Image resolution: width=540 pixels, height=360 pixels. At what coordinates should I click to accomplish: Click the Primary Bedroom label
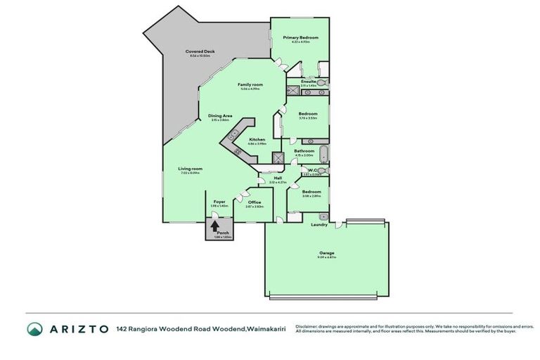(300, 37)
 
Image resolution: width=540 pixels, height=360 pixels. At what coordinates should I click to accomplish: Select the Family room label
(250, 84)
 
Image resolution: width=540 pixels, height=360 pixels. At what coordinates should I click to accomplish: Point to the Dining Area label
(220, 115)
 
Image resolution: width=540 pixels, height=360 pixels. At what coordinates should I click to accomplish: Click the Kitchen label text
(257, 140)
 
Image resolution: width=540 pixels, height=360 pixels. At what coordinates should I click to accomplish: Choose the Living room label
(190, 169)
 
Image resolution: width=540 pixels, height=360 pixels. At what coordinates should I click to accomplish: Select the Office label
(254, 202)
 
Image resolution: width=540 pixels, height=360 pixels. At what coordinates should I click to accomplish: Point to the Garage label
(326, 252)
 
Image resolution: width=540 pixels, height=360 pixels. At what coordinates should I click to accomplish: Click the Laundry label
(319, 225)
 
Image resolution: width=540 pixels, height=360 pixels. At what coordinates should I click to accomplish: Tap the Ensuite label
(309, 81)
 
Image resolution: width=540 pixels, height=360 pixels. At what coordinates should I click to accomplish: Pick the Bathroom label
(304, 150)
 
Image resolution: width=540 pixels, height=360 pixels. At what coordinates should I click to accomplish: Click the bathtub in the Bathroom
(322, 155)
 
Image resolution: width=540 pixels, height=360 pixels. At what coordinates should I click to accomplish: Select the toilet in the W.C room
(326, 171)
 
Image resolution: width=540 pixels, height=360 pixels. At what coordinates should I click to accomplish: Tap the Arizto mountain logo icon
(34, 329)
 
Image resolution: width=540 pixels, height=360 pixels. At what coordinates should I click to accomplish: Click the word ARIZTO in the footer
(78, 329)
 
